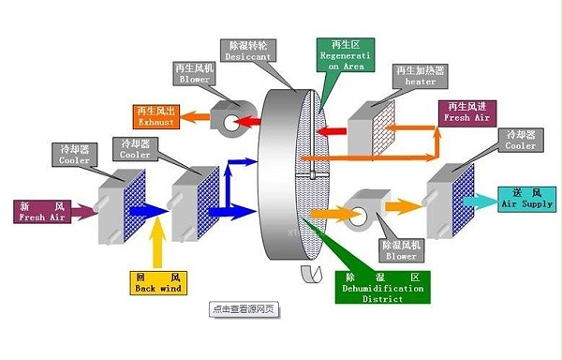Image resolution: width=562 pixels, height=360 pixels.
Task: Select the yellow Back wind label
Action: point(156,282)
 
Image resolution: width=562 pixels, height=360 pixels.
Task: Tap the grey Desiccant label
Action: point(246,51)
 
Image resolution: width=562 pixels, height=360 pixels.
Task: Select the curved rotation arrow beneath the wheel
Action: point(308,274)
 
